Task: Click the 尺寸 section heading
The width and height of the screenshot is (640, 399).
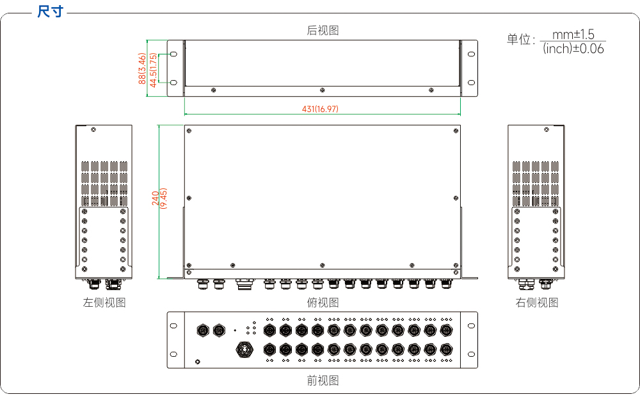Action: click(x=50, y=12)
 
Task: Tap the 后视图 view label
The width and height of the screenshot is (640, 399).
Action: click(x=323, y=30)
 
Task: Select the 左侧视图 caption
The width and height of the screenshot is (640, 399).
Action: click(x=104, y=302)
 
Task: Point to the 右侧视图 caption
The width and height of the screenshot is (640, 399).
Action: click(x=537, y=302)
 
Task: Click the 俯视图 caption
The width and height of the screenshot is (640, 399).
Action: click(x=323, y=302)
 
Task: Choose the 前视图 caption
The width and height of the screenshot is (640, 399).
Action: click(x=323, y=380)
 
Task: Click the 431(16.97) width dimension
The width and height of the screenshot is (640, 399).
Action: click(x=320, y=109)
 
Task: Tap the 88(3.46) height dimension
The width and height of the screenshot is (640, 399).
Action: click(x=142, y=69)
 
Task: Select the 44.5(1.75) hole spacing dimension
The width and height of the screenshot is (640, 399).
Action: click(x=153, y=70)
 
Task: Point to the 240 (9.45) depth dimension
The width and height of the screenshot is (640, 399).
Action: click(x=159, y=199)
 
